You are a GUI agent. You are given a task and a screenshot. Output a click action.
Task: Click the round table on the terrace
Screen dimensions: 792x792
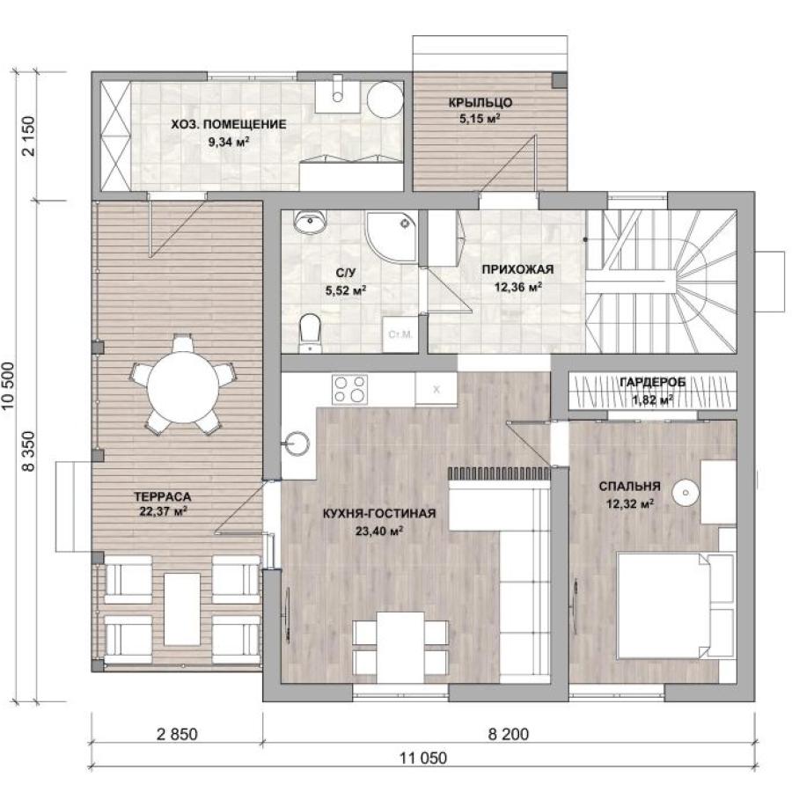point(183,387)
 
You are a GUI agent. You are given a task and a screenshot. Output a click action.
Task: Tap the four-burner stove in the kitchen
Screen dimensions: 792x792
point(349,389)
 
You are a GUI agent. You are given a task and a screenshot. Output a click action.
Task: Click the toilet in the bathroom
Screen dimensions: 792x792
point(310,332)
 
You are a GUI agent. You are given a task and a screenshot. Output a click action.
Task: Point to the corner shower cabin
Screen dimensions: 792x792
point(392,237)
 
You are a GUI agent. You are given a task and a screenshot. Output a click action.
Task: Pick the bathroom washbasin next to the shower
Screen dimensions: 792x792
point(310,221)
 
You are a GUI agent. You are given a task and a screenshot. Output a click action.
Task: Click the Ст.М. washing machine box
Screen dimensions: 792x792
point(400,334)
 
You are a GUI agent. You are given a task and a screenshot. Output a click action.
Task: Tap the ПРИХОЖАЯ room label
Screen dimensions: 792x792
point(517,269)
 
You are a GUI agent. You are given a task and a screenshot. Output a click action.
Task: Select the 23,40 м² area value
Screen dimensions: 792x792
point(378,531)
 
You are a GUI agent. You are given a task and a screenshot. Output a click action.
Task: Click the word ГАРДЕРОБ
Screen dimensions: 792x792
point(653,383)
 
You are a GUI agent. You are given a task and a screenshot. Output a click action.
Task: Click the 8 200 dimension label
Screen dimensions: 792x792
point(508,734)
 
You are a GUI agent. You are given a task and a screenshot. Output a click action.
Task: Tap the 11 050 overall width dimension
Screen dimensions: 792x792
point(423,759)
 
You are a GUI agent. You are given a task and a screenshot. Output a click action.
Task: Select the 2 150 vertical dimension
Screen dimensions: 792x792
point(29,136)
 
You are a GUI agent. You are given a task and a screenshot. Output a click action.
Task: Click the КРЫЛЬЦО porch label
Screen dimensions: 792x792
point(480,103)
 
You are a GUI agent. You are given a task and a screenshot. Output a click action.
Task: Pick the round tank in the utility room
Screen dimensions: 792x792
point(385,100)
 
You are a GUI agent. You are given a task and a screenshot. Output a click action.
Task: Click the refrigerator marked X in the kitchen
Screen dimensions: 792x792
point(436,389)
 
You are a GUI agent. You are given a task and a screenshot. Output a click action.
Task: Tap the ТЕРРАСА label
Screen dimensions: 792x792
point(163,496)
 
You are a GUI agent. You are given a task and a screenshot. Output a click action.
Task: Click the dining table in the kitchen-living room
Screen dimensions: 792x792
point(400,648)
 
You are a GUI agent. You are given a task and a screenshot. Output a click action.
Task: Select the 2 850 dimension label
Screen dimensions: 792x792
point(177,734)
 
